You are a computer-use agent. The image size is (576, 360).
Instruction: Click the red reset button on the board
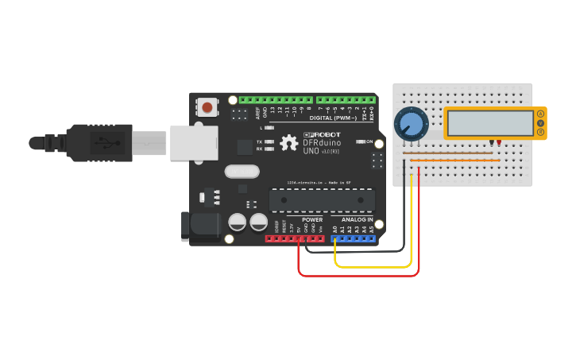[207, 106]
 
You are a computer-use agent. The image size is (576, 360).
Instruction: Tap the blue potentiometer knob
[411, 124]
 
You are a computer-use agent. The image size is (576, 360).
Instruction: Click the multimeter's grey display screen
[489, 122]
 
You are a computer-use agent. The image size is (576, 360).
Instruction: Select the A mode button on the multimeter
[541, 114]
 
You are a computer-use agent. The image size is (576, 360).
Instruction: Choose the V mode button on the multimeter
[541, 123]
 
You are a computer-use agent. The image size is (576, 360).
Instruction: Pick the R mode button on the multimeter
[541, 132]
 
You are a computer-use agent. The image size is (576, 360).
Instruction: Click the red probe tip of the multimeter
[499, 142]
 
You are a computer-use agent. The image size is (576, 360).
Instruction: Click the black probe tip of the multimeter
[493, 142]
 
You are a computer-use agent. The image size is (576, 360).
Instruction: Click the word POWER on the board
[312, 219]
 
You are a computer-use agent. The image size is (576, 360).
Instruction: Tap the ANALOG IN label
[357, 219]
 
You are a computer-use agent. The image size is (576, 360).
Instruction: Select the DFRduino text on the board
[322, 143]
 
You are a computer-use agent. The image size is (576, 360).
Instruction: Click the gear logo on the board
[289, 143]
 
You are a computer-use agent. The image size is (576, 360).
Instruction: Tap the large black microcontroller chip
[322, 199]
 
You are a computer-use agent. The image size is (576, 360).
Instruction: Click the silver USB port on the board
[193, 143]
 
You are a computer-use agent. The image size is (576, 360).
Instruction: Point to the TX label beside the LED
[259, 141]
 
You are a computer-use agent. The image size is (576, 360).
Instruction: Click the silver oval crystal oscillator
[242, 171]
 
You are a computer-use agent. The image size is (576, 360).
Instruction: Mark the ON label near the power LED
[369, 141]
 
